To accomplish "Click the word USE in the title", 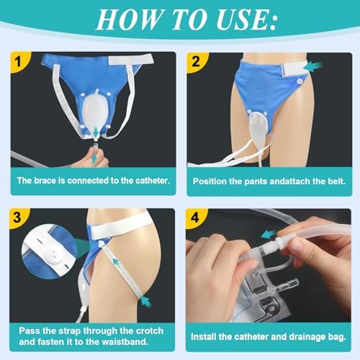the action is tap(246, 19).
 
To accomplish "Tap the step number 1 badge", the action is tap(19, 62).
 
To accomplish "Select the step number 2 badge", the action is tap(197, 62).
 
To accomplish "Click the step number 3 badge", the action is tap(18, 218).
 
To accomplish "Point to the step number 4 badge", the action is tap(195, 218).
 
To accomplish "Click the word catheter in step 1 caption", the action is tap(153, 181).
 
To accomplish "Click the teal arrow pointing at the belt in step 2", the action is tap(315, 66).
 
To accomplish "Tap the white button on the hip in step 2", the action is tap(300, 81).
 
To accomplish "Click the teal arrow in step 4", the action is tap(269, 234).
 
